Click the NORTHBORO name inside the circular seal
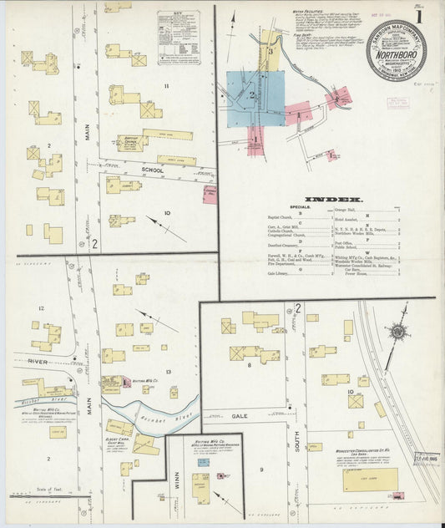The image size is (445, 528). tap(397, 49)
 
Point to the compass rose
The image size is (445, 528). tap(398, 332)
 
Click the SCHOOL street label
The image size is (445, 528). tap(153, 170)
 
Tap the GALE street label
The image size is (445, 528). tap(240, 415)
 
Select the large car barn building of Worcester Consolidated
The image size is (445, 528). tap(369, 480)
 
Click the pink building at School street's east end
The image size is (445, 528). tap(210, 195)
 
